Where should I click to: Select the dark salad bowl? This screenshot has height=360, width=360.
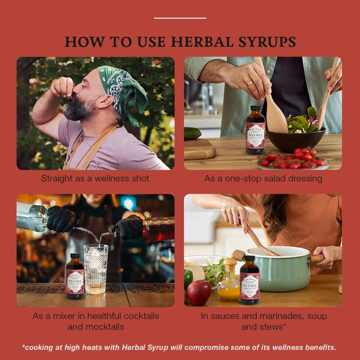click(295, 139)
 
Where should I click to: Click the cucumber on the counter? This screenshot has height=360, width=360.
click(193, 134)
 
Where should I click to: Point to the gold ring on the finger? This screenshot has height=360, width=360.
click(249, 84)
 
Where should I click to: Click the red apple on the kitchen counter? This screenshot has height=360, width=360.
click(199, 292)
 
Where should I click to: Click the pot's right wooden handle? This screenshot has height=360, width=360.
click(317, 258)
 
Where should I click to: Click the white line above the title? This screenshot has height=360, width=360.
click(180, 18)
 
